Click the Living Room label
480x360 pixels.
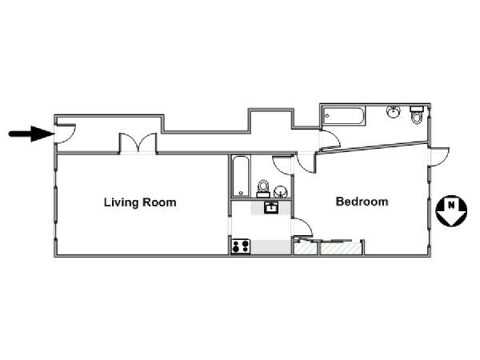[x=140, y=202]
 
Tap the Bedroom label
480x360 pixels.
[x=362, y=202]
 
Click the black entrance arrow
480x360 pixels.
[x=31, y=134]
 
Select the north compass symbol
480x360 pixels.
[x=451, y=211]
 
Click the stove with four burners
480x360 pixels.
[x=241, y=246]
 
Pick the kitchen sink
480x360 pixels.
[x=271, y=207]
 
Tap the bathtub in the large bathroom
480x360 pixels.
[x=342, y=116]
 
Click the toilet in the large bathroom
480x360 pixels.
[x=416, y=114]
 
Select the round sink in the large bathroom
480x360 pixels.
[x=394, y=111]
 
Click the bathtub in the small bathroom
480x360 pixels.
[x=240, y=176]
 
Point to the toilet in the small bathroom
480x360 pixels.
[x=263, y=189]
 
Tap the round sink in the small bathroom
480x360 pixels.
[x=280, y=192]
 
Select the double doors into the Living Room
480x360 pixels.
[x=138, y=143]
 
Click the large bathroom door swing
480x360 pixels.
[x=330, y=140]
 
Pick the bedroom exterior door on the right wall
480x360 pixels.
[x=439, y=157]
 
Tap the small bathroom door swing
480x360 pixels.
[x=282, y=166]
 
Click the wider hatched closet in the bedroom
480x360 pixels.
[x=341, y=248]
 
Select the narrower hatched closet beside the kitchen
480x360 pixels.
[x=306, y=248]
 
